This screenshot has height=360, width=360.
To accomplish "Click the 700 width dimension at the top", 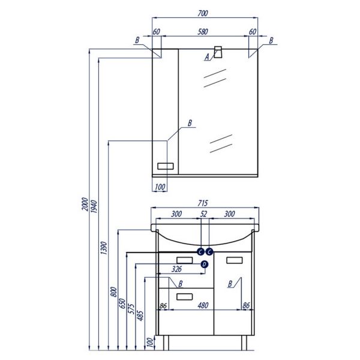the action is (203, 14).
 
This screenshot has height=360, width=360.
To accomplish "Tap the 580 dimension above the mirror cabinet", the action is (203, 32).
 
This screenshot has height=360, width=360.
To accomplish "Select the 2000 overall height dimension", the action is (85, 204).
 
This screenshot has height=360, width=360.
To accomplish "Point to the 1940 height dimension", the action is (94, 206).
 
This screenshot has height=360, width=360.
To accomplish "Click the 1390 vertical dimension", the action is (104, 248).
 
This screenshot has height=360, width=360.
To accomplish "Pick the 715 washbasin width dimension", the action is (203, 203).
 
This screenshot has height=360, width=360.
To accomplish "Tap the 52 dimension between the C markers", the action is (203, 214).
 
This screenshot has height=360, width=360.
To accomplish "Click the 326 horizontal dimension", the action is (176, 269).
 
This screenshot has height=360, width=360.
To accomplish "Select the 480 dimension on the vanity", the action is (203, 305).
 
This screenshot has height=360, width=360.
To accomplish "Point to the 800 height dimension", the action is (114, 292).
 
